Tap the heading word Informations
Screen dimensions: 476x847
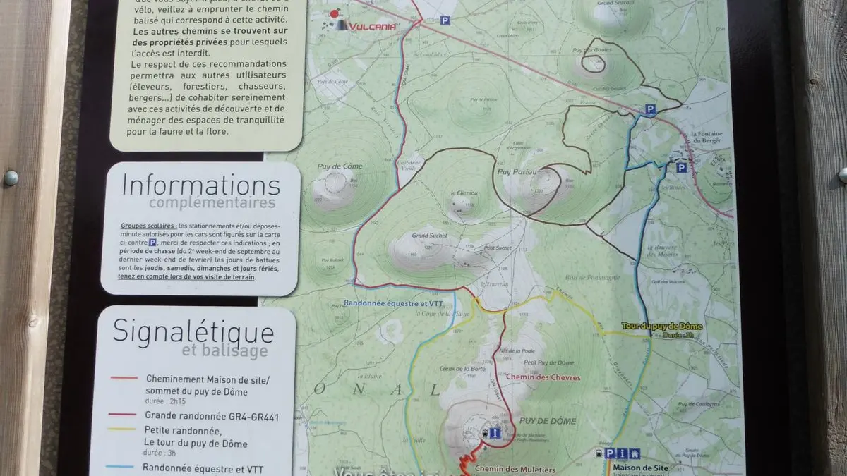(200, 185)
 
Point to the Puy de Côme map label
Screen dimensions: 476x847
(335, 166)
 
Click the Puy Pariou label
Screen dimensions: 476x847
(514, 171)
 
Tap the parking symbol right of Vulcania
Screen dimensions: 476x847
(445, 20)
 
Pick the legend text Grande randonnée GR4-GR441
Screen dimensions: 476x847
(212, 417)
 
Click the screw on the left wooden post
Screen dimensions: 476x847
(11, 178)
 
